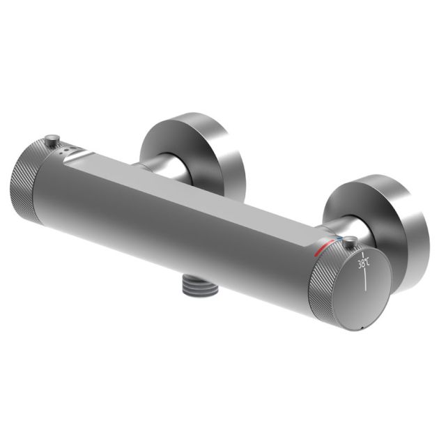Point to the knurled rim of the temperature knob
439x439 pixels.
coord(322,282)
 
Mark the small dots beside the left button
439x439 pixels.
coord(66,149)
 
